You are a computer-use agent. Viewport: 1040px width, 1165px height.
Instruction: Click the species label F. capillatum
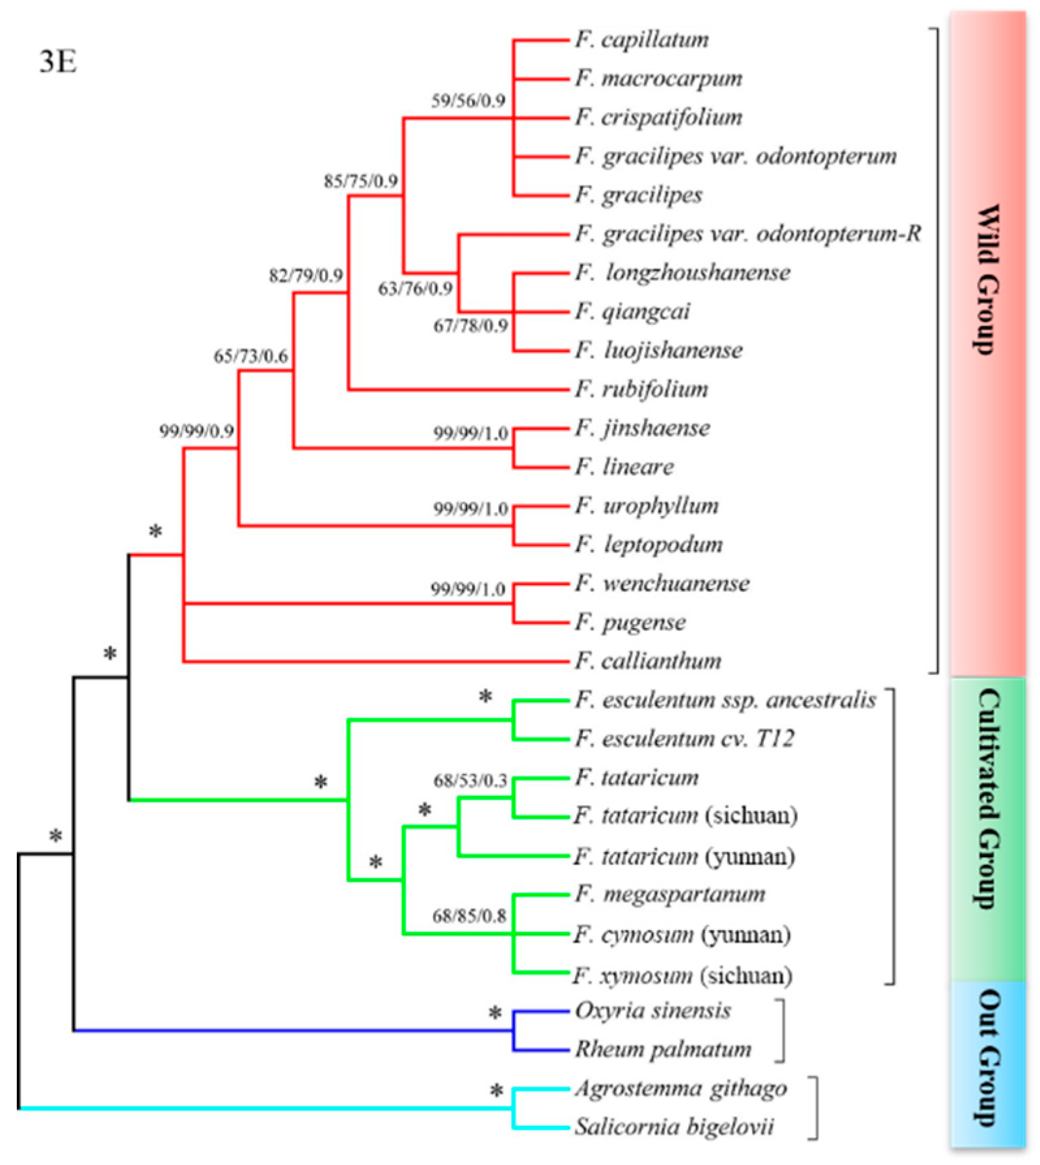click(641, 40)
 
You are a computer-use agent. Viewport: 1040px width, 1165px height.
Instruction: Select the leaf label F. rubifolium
click(641, 390)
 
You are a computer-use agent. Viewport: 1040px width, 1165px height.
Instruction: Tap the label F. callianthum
click(648, 662)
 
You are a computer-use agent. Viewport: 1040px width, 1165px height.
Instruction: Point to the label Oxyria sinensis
click(652, 1011)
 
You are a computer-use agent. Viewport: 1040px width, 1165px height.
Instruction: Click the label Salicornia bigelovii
click(674, 1127)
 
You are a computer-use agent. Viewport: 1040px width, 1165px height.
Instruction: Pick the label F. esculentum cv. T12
click(684, 739)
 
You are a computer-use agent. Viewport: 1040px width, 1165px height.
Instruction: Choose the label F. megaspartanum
click(670, 895)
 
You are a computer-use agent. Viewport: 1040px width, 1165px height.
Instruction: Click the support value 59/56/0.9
click(468, 101)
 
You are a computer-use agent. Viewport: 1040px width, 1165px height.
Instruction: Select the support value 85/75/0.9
click(360, 181)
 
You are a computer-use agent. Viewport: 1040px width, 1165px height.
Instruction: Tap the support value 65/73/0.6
click(250, 356)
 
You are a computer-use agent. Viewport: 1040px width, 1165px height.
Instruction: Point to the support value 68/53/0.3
click(470, 780)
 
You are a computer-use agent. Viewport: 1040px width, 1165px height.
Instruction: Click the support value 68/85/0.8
click(469, 916)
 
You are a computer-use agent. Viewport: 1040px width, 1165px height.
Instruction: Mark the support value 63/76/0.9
click(415, 288)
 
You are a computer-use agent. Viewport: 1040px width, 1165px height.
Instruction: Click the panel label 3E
click(59, 62)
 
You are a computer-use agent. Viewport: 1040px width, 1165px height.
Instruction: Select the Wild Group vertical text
click(986, 280)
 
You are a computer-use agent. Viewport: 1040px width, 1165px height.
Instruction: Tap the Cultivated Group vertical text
click(987, 799)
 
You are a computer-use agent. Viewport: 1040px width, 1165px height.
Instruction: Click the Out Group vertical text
click(987, 1058)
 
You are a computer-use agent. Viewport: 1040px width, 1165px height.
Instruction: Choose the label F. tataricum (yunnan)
click(684, 857)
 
